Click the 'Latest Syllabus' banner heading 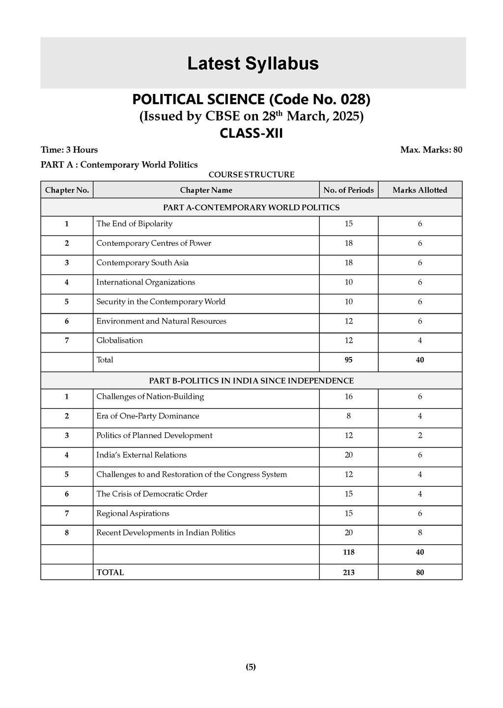point(253,63)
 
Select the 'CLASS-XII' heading point(251,133)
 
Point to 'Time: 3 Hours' point(69,150)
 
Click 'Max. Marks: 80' point(431,150)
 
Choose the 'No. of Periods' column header point(348,190)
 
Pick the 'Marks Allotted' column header point(419,190)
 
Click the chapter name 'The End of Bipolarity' point(134,224)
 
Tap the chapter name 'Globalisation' point(119,340)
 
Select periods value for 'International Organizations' point(348,282)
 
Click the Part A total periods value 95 point(348,360)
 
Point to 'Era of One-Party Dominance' point(147,416)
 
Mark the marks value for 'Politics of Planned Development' point(419,436)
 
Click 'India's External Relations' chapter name point(141,455)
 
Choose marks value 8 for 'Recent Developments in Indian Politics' point(419,532)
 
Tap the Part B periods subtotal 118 point(348,552)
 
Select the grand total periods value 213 point(348,572)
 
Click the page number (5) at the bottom point(251,667)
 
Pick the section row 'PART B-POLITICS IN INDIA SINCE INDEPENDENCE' point(251,381)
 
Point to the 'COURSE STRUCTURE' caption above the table point(251,175)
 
